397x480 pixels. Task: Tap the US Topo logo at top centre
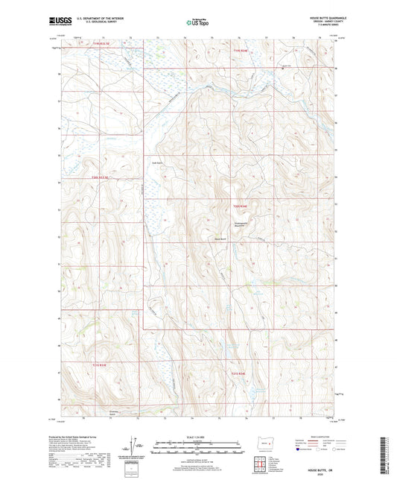click(197, 23)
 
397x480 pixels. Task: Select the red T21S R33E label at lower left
click(100, 364)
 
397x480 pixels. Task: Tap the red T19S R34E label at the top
click(240, 50)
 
